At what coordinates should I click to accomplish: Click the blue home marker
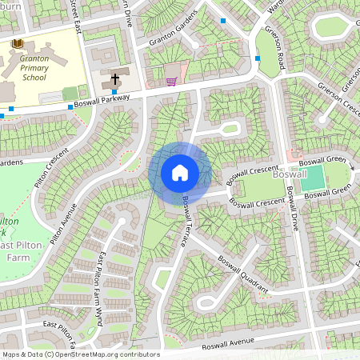click(x=180, y=173)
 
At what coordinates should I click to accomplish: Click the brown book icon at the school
click(x=18, y=42)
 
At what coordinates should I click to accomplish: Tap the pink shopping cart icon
click(x=170, y=81)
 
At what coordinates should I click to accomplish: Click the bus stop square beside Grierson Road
click(x=257, y=58)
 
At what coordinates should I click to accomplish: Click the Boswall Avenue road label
click(x=227, y=343)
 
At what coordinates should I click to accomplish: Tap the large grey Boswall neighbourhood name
click(x=289, y=174)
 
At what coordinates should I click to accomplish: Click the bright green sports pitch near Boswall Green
click(x=312, y=178)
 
